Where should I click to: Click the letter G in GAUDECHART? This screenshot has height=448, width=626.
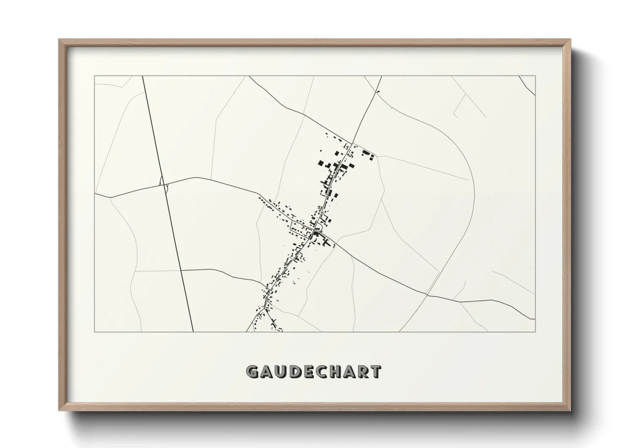253,372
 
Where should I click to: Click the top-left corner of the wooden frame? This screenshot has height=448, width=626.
60,40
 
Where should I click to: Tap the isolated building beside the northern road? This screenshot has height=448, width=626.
378,91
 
